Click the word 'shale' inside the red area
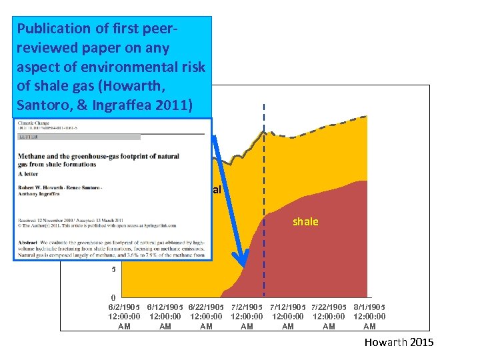[305, 221]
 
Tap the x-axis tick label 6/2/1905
[124, 307]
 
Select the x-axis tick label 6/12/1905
[165, 307]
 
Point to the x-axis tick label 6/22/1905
[206, 307]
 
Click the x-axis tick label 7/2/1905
[247, 307]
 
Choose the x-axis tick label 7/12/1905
[288, 307]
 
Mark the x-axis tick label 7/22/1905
[329, 307]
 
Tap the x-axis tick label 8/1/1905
[369, 307]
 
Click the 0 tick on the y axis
[113, 297]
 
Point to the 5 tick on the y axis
[113, 270]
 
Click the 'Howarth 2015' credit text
[399, 343]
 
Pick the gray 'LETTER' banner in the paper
[79, 137]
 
